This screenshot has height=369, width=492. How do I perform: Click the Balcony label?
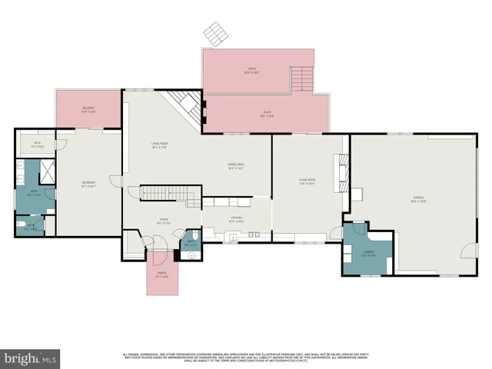(90, 109)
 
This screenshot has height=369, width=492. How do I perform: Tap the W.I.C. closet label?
(37, 143)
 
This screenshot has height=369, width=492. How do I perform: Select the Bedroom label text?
(88, 184)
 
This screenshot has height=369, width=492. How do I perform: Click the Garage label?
(418, 200)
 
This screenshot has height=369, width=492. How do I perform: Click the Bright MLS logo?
(31, 358)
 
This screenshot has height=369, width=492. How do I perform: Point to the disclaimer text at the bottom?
(246, 357)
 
